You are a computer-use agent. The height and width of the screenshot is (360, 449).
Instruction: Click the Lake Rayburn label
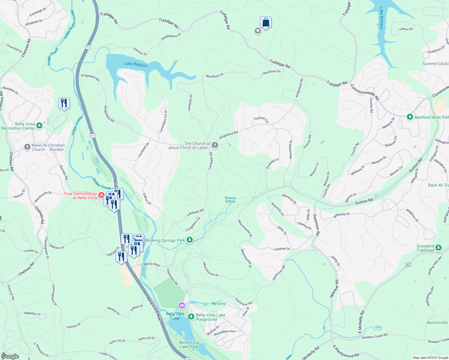136,64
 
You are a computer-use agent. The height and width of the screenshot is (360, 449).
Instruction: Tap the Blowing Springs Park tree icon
190,240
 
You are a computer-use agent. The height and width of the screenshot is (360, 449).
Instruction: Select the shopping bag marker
266,22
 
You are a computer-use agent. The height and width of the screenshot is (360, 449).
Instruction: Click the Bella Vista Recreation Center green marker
39,126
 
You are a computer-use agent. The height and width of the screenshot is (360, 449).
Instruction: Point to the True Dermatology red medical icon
101,196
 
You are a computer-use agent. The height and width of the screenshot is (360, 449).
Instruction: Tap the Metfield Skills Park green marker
410,117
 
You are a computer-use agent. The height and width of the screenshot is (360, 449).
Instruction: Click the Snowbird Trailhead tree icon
438,248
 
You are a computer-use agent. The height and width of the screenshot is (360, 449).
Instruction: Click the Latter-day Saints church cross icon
215,145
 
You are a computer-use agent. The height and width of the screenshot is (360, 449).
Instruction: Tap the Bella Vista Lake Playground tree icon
191,317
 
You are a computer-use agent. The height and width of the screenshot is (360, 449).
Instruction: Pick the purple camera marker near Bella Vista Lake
182,305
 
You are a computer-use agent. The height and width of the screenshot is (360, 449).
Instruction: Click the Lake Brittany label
381,18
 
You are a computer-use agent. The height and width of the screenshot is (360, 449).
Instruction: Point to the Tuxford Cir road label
261,119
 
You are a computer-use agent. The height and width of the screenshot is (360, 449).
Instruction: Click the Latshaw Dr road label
282,249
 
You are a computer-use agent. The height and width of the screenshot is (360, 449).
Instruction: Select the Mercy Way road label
152,264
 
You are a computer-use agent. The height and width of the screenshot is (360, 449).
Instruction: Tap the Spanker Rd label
334,289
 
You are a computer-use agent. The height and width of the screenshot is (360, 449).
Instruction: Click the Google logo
10,356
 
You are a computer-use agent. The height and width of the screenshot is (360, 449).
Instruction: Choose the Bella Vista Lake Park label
189,344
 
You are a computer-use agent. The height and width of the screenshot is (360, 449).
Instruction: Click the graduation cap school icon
258,31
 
